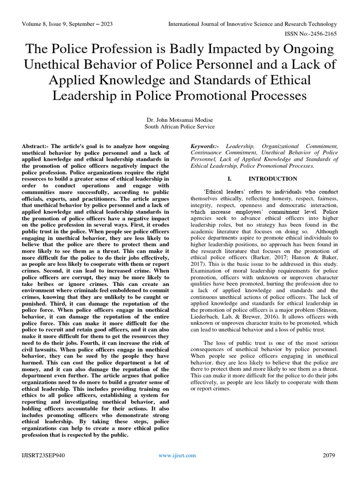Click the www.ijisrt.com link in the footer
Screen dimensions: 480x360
click(177, 455)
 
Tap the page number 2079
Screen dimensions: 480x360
click(330, 455)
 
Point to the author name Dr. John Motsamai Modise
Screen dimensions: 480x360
click(180, 120)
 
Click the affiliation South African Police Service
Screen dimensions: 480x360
click(180, 127)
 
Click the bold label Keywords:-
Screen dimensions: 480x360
click(205, 147)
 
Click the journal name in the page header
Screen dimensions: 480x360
click(252, 24)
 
